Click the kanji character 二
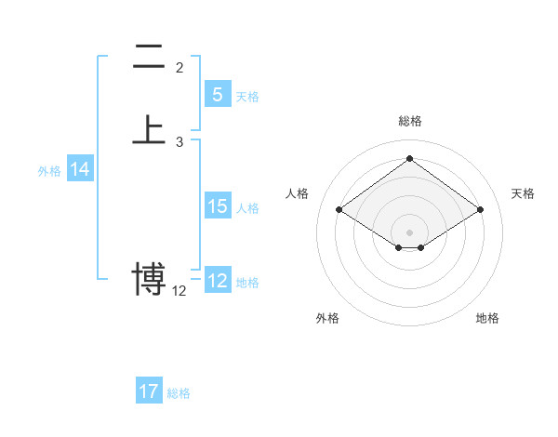[x=149, y=58]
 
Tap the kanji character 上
[x=149, y=128]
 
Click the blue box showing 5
[x=217, y=95]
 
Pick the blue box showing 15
[x=217, y=207]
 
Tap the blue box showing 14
[x=80, y=170]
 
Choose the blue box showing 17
[x=149, y=391]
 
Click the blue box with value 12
[x=217, y=281]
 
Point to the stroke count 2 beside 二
[x=179, y=68]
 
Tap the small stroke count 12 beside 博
[x=179, y=291]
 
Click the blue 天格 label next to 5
[x=247, y=97]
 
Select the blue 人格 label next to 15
[x=247, y=208]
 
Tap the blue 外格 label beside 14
[x=49, y=171]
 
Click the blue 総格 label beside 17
[x=179, y=393]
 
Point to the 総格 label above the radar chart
[x=409, y=121]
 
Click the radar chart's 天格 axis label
[x=524, y=193]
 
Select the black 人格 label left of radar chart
[x=298, y=193]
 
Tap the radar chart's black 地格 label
[x=487, y=318]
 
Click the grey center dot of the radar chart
[x=409, y=231]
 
